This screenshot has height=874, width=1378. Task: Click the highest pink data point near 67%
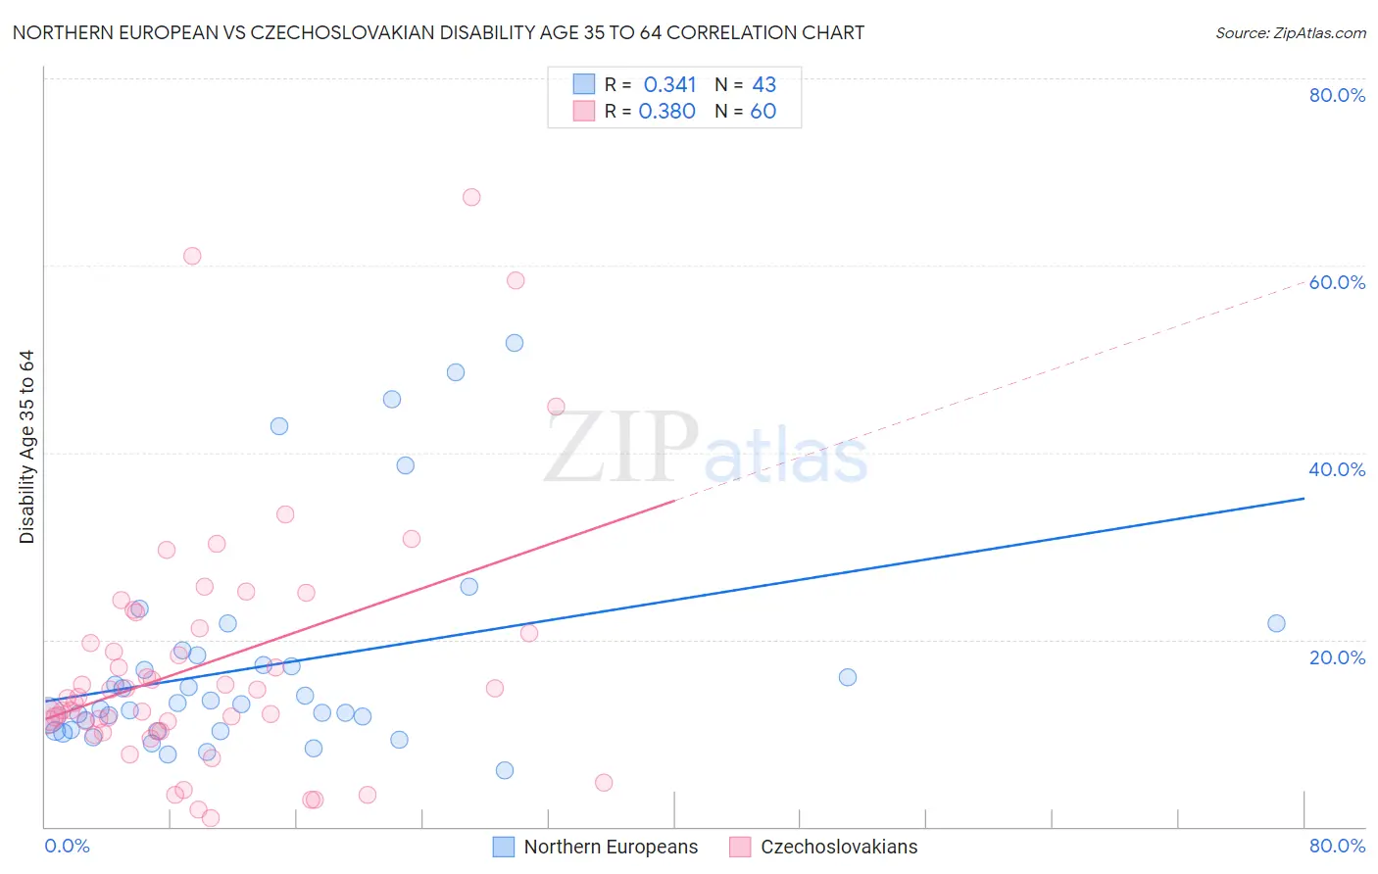(471, 197)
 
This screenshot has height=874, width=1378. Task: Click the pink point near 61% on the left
(192, 256)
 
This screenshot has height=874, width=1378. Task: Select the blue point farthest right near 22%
(1276, 623)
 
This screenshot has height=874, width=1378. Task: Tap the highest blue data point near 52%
(515, 343)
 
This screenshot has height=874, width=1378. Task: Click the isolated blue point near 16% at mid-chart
(848, 677)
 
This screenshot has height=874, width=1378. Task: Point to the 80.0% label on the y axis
(1337, 95)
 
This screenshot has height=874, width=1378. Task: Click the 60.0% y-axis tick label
(1337, 282)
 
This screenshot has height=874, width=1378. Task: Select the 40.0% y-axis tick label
(1337, 469)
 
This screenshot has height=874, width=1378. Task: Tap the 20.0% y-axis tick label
(1337, 657)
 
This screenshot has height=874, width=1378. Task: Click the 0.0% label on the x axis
(67, 846)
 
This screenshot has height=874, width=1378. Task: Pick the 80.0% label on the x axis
(1337, 846)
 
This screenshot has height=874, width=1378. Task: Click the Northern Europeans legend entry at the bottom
(610, 847)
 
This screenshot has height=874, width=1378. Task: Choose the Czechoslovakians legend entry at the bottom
(838, 847)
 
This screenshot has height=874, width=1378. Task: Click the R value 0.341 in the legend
(669, 85)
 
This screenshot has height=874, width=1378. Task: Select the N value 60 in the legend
(763, 112)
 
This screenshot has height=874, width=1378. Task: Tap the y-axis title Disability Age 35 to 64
(26, 447)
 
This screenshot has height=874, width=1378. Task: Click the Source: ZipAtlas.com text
(1290, 33)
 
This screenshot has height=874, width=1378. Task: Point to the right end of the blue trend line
(1304, 499)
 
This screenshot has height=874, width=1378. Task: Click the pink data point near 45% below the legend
(556, 407)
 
